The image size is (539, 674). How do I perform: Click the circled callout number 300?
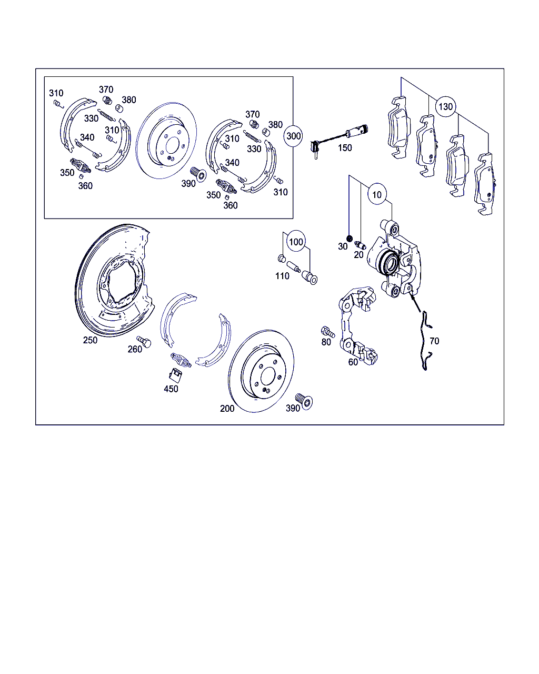pos(293,136)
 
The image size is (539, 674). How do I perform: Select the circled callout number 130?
pos(445,107)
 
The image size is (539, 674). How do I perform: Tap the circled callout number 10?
pos(377,194)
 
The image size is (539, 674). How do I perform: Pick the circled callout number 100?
pos(296,242)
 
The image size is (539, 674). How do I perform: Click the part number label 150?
pos(345,148)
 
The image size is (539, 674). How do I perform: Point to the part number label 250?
pos(90,340)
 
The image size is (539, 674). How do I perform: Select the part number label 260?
pos(135,349)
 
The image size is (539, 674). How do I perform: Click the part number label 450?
pos(171,389)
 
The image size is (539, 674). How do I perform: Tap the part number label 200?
pos(227,409)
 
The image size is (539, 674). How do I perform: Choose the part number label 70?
pos(434,341)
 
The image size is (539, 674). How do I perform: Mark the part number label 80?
pos(326,342)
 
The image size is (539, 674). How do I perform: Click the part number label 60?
pos(353,362)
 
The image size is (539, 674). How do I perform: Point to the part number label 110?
pos(282,276)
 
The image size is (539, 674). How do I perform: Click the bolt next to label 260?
pos(144,341)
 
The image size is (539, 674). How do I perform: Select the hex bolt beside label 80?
pos(328,332)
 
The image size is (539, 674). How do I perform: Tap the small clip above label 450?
pos(176,375)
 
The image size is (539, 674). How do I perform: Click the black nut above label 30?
pos(350,238)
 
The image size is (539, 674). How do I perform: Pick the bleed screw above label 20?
pos(360,245)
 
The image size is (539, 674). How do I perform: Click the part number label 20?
pos(358,255)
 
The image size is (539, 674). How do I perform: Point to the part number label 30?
pos(343,247)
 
